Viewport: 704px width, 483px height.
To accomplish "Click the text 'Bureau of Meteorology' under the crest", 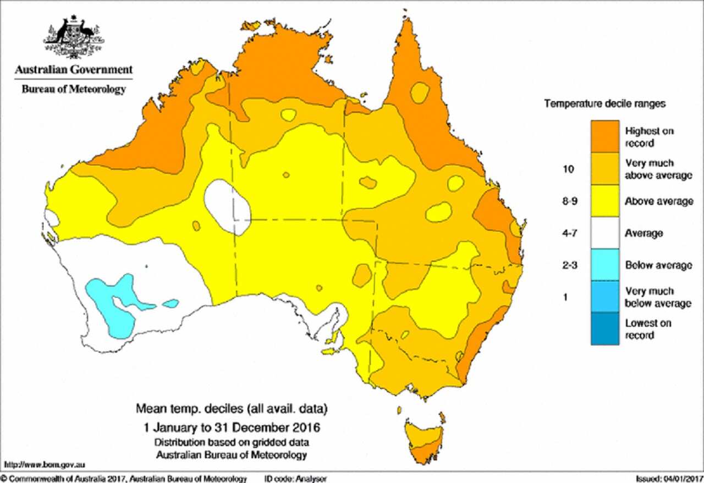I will click(x=74, y=89).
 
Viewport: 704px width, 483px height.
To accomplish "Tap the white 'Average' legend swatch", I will click(x=605, y=233).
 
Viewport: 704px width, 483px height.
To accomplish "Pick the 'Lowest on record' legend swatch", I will click(x=605, y=329).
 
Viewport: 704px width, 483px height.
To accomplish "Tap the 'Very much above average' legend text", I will click(x=658, y=169).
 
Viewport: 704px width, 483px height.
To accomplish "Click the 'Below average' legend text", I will click(x=658, y=266).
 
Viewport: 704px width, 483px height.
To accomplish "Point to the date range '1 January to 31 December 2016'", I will click(x=232, y=427).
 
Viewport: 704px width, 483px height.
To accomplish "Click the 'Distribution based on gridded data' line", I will click(x=232, y=442).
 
